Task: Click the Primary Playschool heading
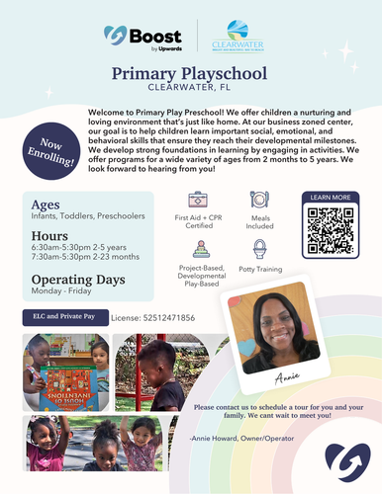191,73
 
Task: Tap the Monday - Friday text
54,293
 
